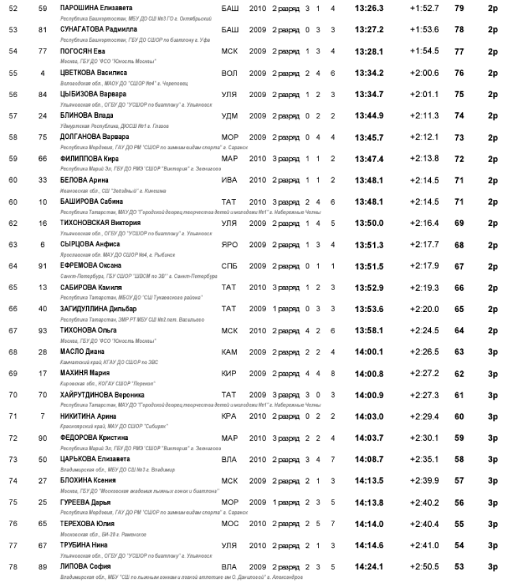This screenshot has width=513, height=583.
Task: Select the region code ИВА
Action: tap(230, 179)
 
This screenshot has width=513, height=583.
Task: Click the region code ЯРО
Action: tap(230, 244)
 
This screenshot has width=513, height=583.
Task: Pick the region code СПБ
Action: tap(230, 265)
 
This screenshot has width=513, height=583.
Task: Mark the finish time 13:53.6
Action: tap(370, 308)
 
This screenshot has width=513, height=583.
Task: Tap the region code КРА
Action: tap(230, 416)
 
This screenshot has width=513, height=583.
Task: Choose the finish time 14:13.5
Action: tap(370, 480)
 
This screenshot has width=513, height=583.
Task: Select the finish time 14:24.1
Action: tap(370, 566)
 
